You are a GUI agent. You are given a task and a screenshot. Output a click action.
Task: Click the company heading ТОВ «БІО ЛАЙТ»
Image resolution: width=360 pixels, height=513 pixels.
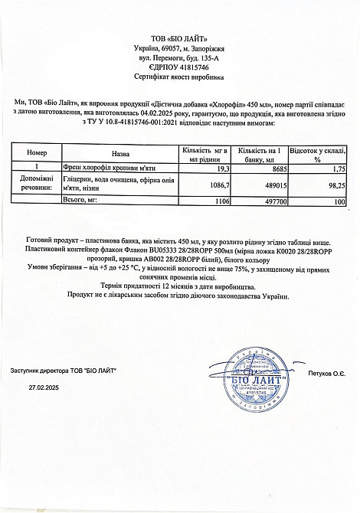(179, 38)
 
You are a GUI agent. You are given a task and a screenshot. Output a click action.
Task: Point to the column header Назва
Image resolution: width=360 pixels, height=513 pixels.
(119, 153)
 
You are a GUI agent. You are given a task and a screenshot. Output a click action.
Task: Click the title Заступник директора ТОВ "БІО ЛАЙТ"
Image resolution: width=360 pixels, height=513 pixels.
(64, 371)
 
